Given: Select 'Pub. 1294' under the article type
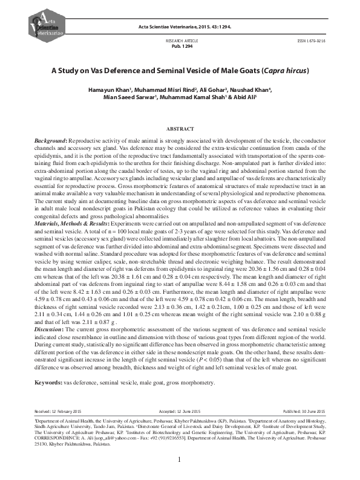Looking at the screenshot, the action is pos(179,45).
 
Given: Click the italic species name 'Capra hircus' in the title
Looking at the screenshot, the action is pos(288,70).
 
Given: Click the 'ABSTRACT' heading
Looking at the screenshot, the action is pos(180,129).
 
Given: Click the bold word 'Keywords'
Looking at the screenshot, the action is pos(48,366).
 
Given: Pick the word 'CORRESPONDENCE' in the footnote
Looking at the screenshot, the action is pos(55,421).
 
